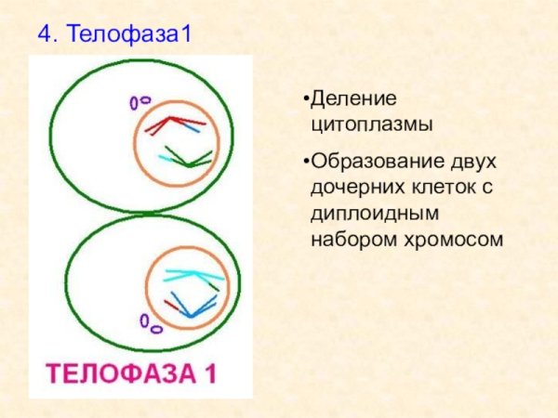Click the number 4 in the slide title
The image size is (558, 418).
pyautogui.click(x=44, y=35)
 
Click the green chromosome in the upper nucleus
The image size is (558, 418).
pyautogui.click(x=190, y=157)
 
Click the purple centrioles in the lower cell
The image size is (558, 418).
pyautogui.click(x=150, y=323)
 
